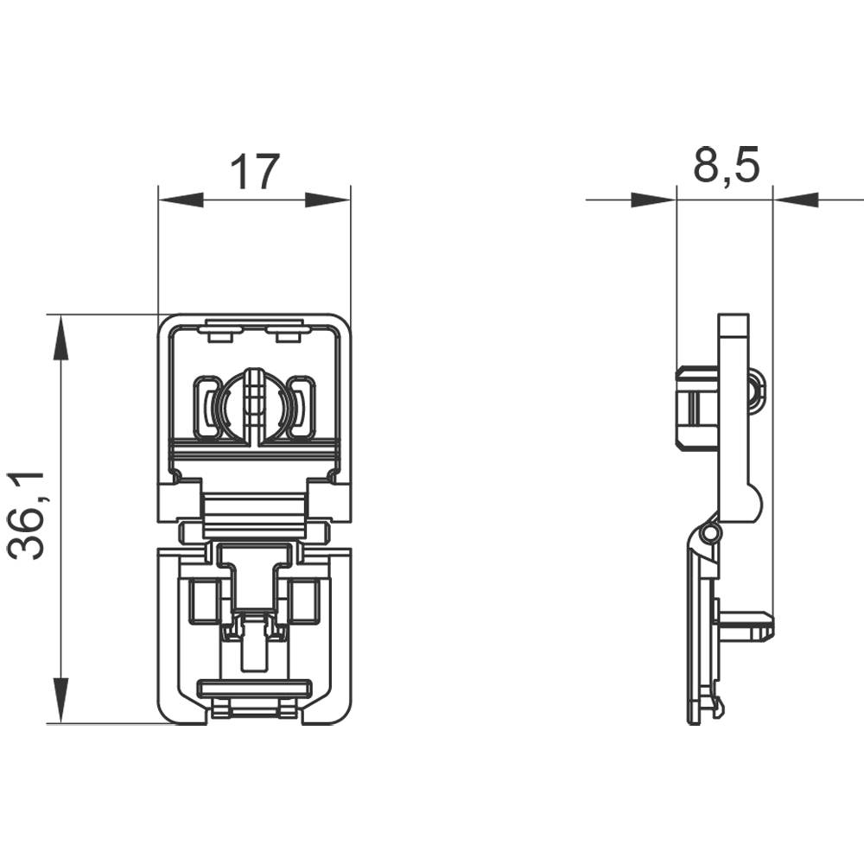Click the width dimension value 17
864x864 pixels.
255,173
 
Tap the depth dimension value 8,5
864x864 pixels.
726,166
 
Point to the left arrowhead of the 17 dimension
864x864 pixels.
181,200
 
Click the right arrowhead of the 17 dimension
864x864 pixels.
328,200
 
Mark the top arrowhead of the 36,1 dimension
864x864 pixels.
60,337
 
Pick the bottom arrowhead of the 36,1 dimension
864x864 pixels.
60,701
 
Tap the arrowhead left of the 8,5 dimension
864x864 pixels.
652,200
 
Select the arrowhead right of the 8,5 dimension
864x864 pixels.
795,200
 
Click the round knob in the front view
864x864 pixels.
253,405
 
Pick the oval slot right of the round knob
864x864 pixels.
302,407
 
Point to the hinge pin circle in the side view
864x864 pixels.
709,535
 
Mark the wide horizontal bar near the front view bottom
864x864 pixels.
254,689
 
